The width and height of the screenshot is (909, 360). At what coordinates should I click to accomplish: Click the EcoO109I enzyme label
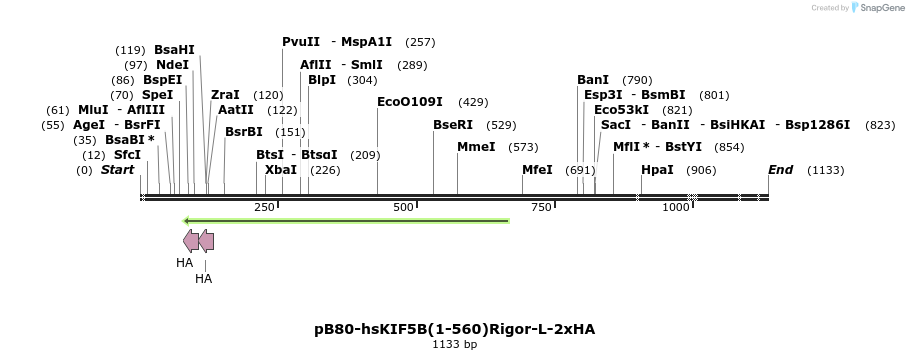click(412, 102)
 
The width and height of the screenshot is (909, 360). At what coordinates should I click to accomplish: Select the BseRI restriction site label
click(453, 125)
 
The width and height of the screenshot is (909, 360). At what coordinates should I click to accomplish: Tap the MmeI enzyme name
click(476, 147)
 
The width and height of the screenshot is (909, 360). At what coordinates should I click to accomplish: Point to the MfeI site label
click(537, 170)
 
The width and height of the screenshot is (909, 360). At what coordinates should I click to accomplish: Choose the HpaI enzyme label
click(657, 170)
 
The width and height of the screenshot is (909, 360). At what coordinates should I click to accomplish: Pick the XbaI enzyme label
click(281, 170)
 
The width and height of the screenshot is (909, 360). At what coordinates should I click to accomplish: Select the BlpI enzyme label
click(322, 80)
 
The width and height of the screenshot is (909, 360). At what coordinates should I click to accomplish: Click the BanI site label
click(593, 80)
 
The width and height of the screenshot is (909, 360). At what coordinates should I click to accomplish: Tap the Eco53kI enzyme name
click(621, 110)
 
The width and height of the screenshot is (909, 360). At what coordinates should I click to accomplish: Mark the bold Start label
click(117, 170)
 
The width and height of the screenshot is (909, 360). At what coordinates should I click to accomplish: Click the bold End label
click(780, 170)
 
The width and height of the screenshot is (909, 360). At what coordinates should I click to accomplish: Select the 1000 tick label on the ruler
click(676, 207)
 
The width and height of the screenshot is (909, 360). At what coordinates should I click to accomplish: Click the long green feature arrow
click(346, 220)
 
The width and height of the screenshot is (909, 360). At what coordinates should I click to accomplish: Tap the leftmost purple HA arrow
click(190, 240)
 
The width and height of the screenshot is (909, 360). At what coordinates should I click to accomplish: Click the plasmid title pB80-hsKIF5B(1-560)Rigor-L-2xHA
click(455, 328)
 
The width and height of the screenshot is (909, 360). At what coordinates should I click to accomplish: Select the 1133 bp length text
click(455, 344)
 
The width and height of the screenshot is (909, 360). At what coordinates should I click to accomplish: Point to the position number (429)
click(473, 102)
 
